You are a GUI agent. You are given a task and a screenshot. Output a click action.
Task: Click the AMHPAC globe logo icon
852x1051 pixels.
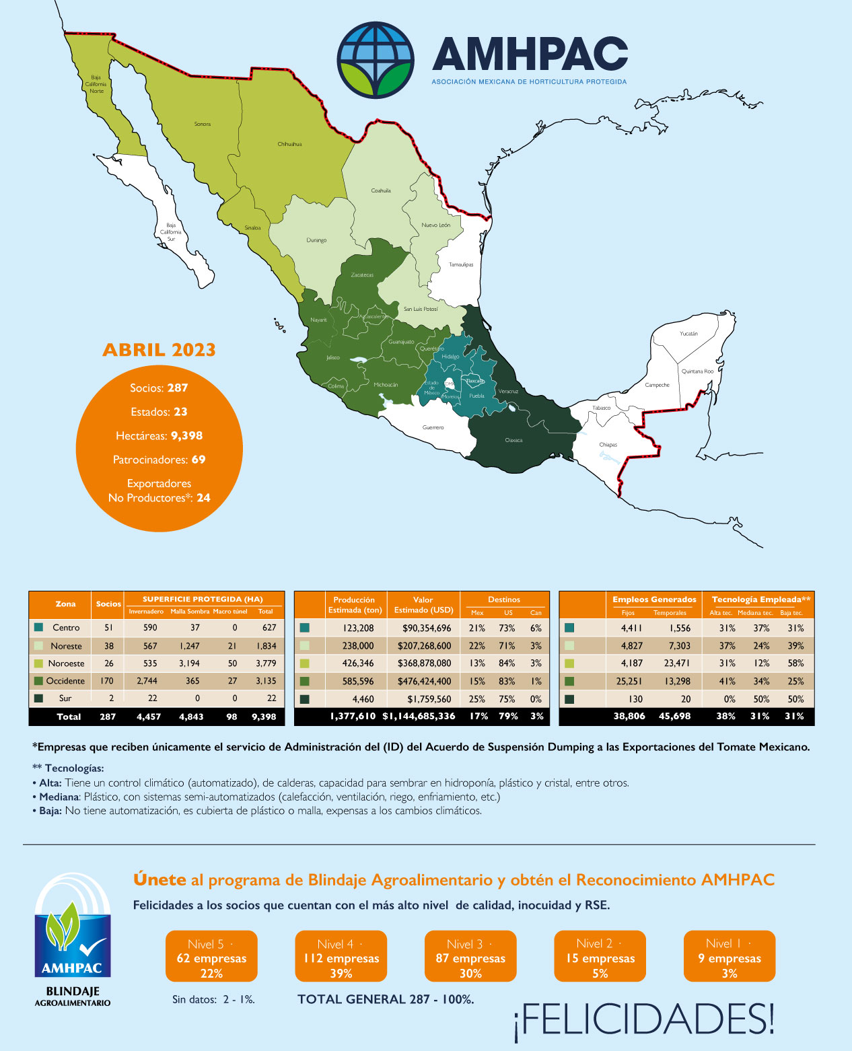376,59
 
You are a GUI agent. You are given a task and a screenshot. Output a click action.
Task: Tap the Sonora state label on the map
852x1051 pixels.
202,124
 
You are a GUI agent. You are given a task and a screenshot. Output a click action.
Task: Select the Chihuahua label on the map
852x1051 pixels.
289,144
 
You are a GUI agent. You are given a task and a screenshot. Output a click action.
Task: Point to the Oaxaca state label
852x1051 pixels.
513,440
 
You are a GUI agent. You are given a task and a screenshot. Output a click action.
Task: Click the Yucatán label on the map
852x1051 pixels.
688,334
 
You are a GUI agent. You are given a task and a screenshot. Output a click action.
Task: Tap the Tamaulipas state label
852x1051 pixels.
461,264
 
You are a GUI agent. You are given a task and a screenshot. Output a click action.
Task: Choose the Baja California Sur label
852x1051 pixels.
171,232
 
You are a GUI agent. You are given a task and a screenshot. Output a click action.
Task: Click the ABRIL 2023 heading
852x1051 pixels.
159,350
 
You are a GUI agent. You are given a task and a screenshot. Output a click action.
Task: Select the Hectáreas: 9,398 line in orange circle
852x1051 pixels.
159,435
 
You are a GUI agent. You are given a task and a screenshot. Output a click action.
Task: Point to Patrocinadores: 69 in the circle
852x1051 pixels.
159,460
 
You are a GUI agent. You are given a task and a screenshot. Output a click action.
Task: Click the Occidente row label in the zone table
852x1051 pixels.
65,681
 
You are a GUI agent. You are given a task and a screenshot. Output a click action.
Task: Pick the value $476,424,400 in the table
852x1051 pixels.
424,681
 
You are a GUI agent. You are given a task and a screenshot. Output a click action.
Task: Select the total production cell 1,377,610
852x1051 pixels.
353,716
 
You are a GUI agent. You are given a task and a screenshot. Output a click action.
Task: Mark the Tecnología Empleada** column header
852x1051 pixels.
760,599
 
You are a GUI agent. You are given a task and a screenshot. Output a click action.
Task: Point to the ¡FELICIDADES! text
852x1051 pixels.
644,1019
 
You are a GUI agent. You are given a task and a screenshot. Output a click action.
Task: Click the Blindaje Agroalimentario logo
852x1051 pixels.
73,939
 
